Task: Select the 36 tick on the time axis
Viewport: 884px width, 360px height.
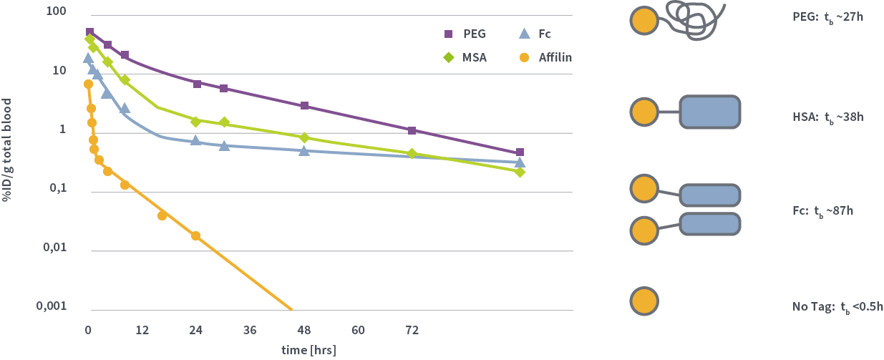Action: pos(250,330)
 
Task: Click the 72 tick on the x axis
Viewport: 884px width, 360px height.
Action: pos(412,330)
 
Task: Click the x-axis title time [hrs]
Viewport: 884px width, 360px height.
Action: pos(308,350)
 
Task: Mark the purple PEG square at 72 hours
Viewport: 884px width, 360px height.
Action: pos(412,131)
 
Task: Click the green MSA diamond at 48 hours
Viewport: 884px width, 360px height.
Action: pos(304,137)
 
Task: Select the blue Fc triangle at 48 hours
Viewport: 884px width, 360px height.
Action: pos(304,150)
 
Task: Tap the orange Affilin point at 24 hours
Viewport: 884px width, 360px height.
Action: pos(195,235)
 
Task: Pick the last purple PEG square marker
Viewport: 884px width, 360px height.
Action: pos(520,152)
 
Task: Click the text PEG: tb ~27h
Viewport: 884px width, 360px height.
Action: pos(823,16)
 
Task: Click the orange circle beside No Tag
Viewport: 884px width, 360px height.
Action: pos(643,301)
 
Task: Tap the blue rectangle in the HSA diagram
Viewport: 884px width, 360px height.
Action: pos(709,112)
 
